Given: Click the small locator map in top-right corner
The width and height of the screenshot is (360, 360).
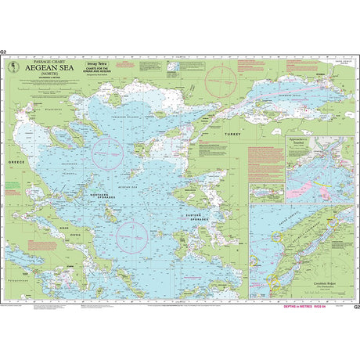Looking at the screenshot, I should point(339,65).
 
